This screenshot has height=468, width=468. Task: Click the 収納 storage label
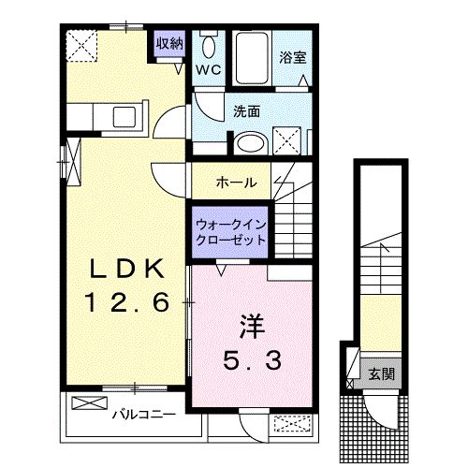(x=169, y=43)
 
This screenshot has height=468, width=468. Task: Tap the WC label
(x=209, y=69)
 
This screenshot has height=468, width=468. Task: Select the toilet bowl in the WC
(x=209, y=46)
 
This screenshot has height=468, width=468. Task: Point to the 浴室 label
(x=292, y=57)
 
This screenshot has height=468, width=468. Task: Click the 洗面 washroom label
(x=246, y=111)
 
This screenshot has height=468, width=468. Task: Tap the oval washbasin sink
(x=251, y=144)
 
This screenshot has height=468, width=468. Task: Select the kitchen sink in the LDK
(x=124, y=117)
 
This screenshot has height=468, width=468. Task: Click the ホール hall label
(x=237, y=182)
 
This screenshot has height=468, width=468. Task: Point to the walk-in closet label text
(x=230, y=232)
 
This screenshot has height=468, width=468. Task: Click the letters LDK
(x=127, y=269)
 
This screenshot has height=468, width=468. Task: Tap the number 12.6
(x=127, y=302)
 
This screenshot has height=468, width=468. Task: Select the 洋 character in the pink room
(x=252, y=327)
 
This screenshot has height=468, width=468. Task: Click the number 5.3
(x=252, y=359)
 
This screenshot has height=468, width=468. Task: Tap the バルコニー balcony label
(x=144, y=415)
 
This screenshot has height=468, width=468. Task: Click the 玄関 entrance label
(x=382, y=373)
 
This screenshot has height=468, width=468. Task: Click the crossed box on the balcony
(x=90, y=402)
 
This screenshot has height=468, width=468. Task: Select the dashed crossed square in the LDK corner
(x=81, y=46)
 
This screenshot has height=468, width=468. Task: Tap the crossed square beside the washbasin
(x=287, y=140)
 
